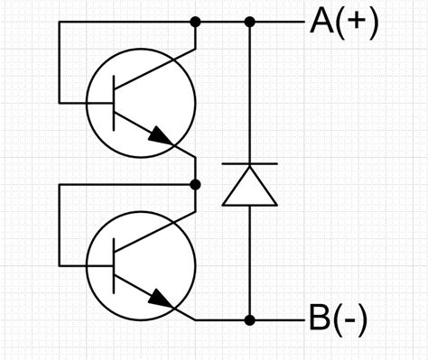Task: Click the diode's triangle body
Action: [249, 187]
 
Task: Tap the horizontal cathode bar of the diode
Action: [249, 164]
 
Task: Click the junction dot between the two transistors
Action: [195, 184]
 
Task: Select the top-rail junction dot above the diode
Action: [250, 20]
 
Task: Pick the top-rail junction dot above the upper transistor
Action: [195, 20]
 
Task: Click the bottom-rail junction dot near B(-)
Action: [250, 319]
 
